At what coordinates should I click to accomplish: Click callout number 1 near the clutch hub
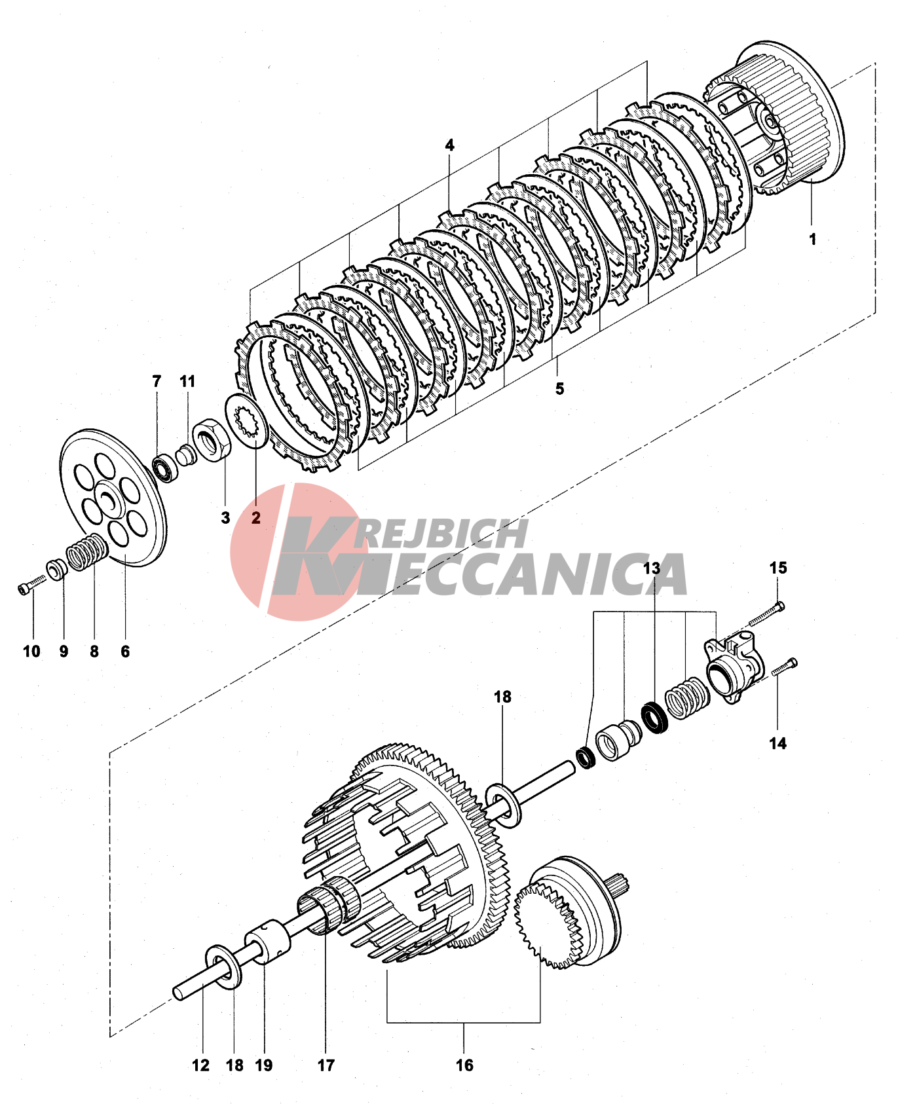point(812,239)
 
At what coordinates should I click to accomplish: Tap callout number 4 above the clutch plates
point(449,145)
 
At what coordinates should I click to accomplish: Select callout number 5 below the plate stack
point(559,388)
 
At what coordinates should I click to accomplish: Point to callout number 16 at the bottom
point(464,1065)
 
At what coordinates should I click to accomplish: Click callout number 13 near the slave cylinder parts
point(652,568)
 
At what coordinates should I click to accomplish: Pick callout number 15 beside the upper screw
point(778,568)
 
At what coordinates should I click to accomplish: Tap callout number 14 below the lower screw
point(777,743)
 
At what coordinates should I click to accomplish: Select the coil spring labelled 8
point(86,552)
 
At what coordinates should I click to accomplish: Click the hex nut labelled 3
point(210,439)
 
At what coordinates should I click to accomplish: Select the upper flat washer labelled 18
point(504,803)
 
